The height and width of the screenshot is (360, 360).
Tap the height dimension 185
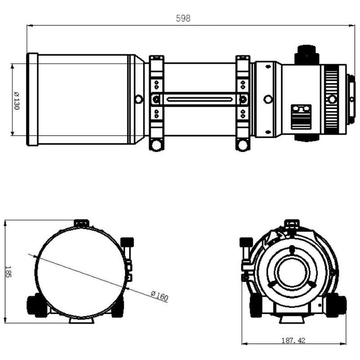(x=8, y=271)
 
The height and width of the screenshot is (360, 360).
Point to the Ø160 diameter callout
(x=159, y=296)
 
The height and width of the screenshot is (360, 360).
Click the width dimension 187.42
(x=293, y=341)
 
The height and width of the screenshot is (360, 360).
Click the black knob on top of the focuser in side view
(x=307, y=54)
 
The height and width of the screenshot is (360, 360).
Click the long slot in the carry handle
(x=199, y=99)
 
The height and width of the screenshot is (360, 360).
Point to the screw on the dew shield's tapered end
(x=139, y=99)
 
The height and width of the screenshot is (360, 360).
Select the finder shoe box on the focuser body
(x=301, y=116)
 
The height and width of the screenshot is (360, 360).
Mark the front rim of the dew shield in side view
(x=32, y=99)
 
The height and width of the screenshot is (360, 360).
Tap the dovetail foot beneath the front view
(x=81, y=320)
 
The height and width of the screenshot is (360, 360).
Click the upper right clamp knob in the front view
(x=128, y=243)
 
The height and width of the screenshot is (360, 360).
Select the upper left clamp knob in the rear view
(x=246, y=243)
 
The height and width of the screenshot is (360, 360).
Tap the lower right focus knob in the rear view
(x=336, y=305)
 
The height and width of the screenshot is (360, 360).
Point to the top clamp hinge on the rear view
(x=292, y=224)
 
